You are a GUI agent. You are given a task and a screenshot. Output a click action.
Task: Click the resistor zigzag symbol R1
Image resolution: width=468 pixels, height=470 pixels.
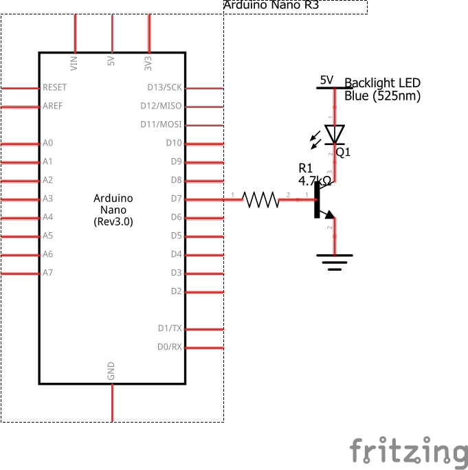tap(262, 199)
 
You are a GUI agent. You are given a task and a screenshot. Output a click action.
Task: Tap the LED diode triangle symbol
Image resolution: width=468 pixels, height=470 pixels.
tap(335, 133)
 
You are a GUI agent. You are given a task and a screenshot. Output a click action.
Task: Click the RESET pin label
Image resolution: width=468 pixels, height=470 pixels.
tap(55, 87)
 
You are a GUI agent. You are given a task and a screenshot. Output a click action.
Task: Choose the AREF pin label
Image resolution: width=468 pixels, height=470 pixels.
tap(53, 107)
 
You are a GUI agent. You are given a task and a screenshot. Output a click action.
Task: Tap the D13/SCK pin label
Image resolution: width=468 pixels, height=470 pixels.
tap(165, 87)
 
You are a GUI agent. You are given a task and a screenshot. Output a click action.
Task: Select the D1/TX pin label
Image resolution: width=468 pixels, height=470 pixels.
tap(170, 328)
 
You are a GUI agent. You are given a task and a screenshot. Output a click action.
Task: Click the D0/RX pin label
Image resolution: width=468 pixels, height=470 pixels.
tap(170, 347)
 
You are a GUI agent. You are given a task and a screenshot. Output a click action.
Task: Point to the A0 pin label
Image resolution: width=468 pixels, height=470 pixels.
tap(47, 143)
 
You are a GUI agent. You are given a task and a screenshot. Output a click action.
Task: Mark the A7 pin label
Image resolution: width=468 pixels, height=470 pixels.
tap(47, 273)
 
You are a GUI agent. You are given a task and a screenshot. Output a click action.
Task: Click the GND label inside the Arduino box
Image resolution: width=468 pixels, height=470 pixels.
tap(111, 371)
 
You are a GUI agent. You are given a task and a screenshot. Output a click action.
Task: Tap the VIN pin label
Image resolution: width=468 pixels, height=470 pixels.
tap(74, 63)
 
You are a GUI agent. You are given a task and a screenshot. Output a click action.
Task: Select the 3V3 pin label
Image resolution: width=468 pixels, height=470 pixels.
tap(148, 63)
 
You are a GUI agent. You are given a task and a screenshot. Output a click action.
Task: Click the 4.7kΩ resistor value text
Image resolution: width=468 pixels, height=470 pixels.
tap(315, 181)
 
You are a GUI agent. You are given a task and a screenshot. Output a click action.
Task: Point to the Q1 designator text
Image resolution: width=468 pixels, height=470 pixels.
tap(343, 153)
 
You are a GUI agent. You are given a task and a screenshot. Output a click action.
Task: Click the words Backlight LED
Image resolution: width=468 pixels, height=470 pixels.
tap(382, 83)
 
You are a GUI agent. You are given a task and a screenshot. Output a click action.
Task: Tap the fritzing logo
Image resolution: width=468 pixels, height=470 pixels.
tap(408, 451)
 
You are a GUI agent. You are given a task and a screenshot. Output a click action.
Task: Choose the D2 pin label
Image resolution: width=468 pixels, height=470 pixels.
tap(176, 291)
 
